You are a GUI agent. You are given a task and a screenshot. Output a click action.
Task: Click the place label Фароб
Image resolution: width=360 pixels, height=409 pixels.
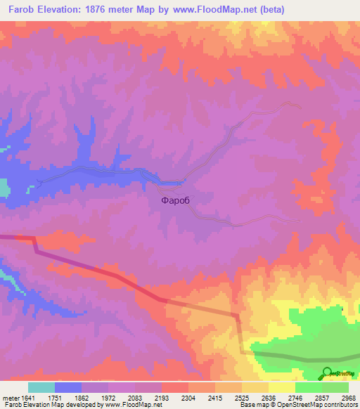(x=176, y=200)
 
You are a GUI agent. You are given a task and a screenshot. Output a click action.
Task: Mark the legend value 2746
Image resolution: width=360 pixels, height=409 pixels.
(x=295, y=397)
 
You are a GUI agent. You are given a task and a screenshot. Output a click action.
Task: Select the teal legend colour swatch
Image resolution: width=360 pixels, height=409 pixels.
(x=41, y=387)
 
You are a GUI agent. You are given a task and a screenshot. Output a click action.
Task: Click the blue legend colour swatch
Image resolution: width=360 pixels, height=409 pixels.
(x=67, y=387)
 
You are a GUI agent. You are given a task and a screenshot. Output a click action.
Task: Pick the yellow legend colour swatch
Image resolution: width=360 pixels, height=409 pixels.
(x=282, y=387)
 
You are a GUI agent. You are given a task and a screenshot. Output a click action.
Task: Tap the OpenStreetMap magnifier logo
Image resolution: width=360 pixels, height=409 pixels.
(x=328, y=372)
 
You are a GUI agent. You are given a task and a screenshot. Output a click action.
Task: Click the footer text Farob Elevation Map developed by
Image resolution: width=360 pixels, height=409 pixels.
(x=49, y=405)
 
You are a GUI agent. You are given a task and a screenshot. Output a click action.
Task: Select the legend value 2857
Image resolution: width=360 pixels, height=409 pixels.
(x=321, y=397)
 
